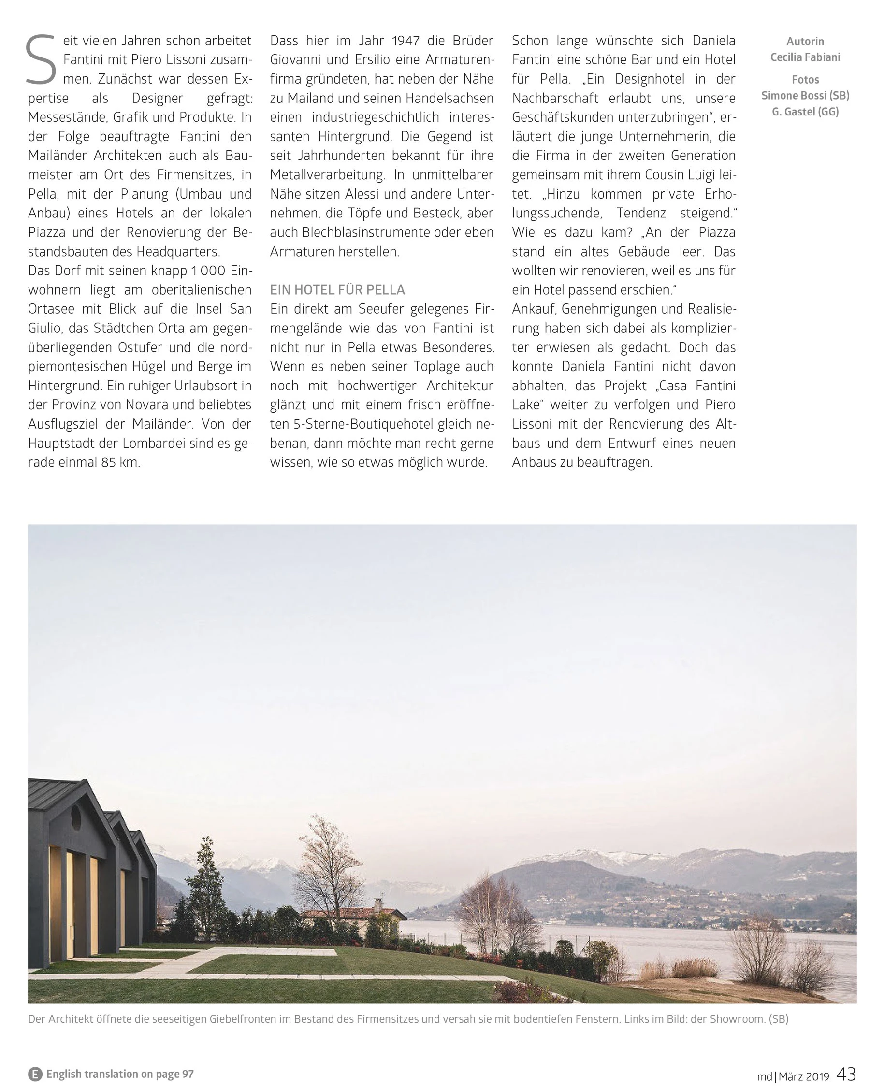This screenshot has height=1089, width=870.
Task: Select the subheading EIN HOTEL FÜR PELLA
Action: [x=337, y=290]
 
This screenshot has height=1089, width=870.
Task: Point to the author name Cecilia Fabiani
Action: [x=805, y=57]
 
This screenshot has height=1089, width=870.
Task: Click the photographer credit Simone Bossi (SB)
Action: [x=805, y=96]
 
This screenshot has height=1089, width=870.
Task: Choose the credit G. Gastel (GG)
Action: [x=805, y=112]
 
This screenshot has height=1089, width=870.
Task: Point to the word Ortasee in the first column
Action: [x=51, y=309]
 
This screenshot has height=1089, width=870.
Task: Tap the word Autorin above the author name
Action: [x=805, y=42]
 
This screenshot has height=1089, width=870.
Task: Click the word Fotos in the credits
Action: [x=805, y=80]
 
